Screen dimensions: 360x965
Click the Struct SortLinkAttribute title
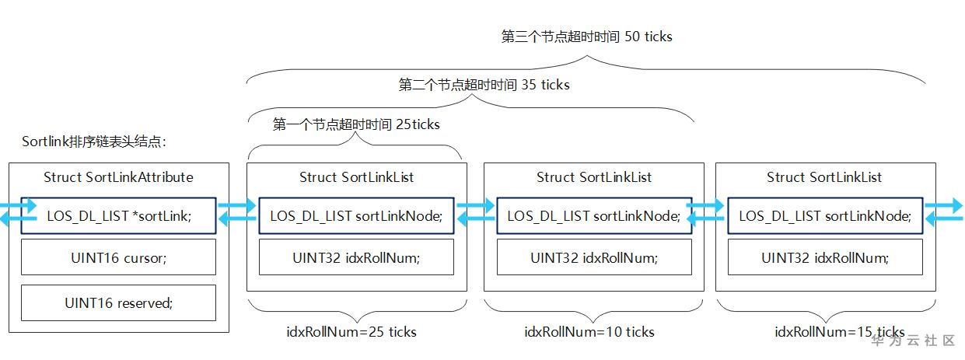tap(118, 177)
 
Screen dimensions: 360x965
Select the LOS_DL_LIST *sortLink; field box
tap(118, 215)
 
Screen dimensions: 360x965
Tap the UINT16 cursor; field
tap(118, 257)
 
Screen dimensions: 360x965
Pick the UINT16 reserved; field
tap(118, 303)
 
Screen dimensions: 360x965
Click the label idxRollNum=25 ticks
tap(351, 332)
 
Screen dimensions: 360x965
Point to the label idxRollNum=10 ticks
tap(589, 332)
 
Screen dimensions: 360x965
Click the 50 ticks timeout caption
tap(586, 37)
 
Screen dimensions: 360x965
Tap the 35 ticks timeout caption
tap(484, 85)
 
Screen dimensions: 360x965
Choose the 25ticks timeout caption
tap(356, 124)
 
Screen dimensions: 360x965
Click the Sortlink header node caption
tap(94, 142)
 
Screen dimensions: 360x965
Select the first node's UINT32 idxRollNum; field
tap(356, 257)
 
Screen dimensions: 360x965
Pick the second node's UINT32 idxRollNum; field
tap(594, 257)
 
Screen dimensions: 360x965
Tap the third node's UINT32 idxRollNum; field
tap(824, 257)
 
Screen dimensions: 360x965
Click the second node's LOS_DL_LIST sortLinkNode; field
tap(594, 215)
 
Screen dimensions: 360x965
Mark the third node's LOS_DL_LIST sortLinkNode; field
tap(824, 215)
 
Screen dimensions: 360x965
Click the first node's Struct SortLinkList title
tap(356, 177)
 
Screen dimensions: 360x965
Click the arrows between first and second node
tap(475, 214)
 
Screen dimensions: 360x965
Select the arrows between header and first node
tap(237, 214)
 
